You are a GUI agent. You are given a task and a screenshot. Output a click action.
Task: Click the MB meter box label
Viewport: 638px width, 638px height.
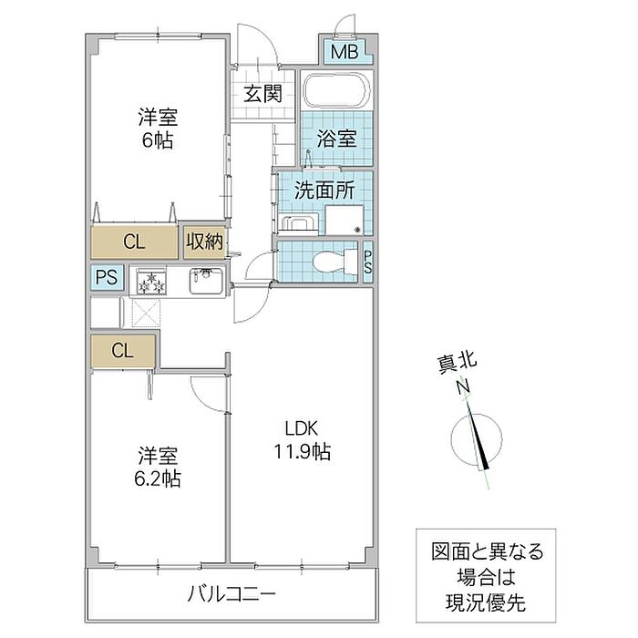tap(345, 52)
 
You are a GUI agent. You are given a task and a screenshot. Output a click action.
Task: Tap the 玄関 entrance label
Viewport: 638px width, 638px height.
tap(262, 94)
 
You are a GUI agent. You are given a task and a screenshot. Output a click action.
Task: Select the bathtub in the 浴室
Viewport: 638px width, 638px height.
tap(336, 90)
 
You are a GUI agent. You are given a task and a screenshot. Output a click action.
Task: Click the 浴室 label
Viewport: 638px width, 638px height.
tap(336, 139)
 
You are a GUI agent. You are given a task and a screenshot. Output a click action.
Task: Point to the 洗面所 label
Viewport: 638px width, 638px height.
tap(324, 190)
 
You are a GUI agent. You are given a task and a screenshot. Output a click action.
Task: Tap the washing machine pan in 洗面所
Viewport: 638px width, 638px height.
tap(345, 220)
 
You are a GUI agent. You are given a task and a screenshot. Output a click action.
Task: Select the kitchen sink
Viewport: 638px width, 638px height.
tap(206, 281)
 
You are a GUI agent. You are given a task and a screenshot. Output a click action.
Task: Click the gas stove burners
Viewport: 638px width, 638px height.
tap(152, 281)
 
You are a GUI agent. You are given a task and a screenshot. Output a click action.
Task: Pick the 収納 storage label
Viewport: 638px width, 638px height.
tap(205, 242)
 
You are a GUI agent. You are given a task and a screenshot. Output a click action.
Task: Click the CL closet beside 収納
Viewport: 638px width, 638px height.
tap(134, 242)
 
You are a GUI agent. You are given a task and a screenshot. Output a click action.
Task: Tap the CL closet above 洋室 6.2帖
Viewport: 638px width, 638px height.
tap(123, 351)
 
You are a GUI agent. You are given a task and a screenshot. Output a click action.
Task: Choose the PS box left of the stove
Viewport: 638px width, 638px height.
tap(107, 277)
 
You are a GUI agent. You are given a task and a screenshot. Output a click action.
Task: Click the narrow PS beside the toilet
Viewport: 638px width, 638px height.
tap(368, 262)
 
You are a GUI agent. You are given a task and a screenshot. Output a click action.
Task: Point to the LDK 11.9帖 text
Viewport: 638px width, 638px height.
tap(302, 440)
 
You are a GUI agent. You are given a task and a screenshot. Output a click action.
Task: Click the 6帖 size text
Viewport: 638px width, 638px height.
tap(157, 140)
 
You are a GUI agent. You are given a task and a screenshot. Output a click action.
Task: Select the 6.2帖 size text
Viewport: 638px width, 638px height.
tap(158, 478)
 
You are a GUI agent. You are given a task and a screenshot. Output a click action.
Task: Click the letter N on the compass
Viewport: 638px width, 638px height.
tap(463, 386)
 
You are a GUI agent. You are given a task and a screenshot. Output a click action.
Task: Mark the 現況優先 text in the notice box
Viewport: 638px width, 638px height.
tap(486, 603)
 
